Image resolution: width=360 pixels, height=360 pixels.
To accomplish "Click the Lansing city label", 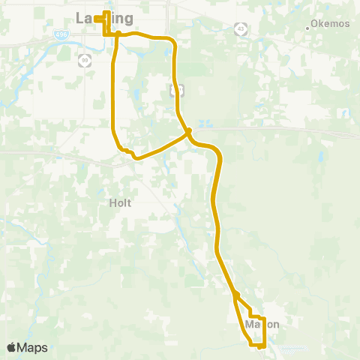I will (x=105, y=18).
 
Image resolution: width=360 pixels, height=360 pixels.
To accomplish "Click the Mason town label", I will (x=262, y=325).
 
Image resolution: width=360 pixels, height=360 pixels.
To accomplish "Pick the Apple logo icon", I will (x=11, y=347).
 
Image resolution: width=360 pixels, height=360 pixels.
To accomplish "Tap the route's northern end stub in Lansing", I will (x=97, y=13).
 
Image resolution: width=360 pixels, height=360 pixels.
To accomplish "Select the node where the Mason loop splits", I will (x=235, y=295).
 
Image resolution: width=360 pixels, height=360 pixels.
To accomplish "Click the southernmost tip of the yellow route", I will (x=259, y=347).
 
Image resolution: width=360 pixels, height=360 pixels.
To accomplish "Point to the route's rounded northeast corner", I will (x=172, y=40).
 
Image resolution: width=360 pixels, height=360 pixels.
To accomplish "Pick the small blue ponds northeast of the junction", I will (x=205, y=123).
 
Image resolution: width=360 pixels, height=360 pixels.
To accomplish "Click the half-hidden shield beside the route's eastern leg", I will (x=177, y=90).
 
